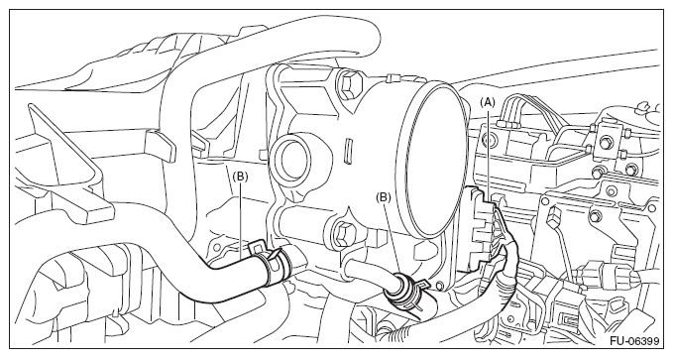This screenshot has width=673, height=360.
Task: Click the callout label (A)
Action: [x=487, y=102]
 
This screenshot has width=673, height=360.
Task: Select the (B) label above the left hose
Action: [x=240, y=177]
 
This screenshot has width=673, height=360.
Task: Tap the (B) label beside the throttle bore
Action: [x=384, y=197]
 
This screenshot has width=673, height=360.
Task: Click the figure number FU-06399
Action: [x=634, y=342]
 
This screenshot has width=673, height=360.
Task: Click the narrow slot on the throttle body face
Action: [x=348, y=151]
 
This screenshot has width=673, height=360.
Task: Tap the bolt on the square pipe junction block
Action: [x=606, y=142]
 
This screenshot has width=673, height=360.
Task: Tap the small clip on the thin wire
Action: [x=554, y=215]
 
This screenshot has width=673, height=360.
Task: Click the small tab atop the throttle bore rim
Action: [x=391, y=77]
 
